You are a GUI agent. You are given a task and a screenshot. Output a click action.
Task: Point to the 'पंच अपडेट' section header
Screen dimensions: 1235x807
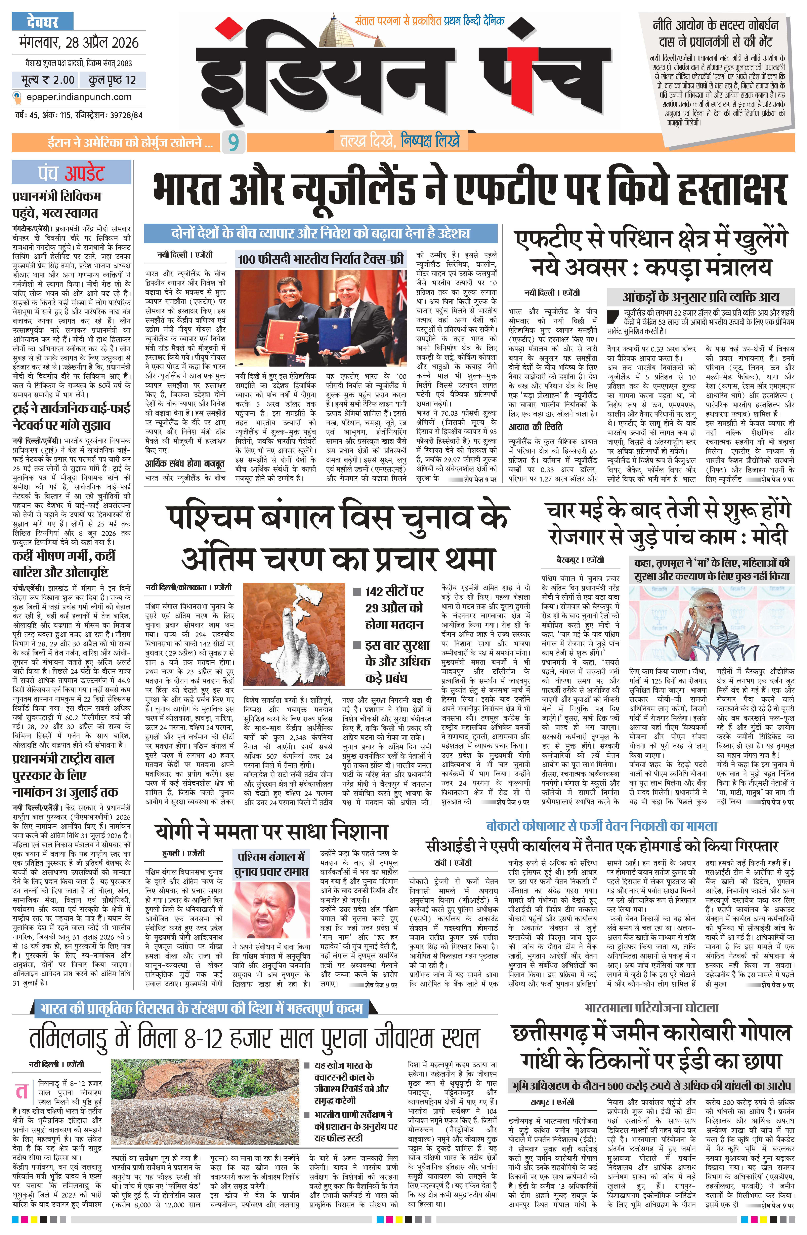(72, 173)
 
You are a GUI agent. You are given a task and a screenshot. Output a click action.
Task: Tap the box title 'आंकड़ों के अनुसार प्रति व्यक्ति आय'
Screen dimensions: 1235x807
(700, 297)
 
